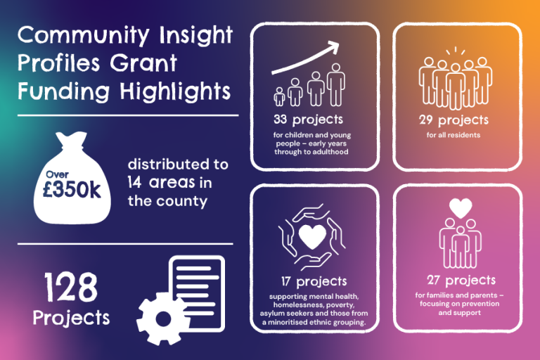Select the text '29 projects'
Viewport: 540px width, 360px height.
coord(453,120)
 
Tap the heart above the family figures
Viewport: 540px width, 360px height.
coord(460,208)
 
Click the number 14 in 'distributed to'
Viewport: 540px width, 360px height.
coord(136,183)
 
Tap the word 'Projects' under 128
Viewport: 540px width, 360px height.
coord(71,318)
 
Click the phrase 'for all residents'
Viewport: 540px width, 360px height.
coord(453,135)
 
